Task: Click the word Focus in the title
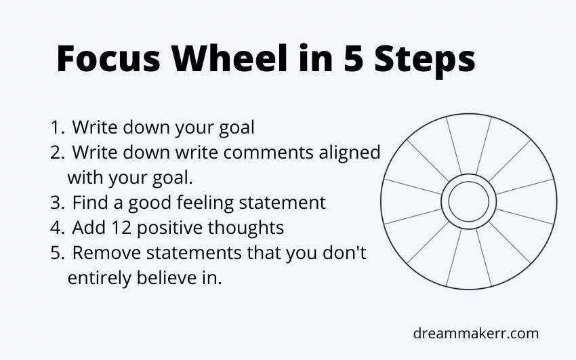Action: pos(108,58)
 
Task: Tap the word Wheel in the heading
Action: pos(230,58)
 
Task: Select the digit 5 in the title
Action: pos(354,58)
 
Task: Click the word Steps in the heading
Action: pos(425,60)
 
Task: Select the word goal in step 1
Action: pos(236,128)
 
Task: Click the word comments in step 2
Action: pos(268,153)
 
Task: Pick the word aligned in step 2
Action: pos(350,153)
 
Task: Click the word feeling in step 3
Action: pos(205,203)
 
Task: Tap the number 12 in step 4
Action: pos(123,228)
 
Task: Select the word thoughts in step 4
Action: pos(246,228)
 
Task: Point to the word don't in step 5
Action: pos(344,252)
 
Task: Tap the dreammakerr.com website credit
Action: pos(476,334)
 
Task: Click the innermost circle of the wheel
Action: pos(469,182)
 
